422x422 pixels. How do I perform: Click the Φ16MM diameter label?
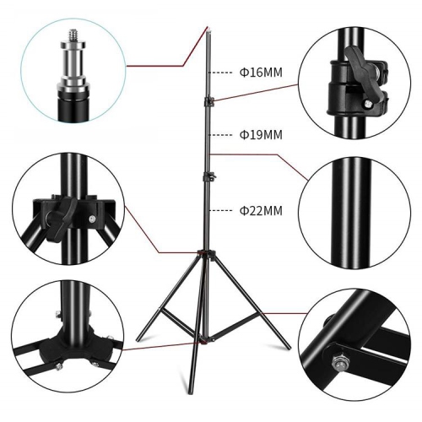(x=261, y=73)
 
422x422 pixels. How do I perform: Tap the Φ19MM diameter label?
(x=261, y=135)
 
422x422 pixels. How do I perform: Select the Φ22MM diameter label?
(x=261, y=210)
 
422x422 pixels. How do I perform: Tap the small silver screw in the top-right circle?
(x=369, y=104)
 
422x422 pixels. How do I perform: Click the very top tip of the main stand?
(x=207, y=29)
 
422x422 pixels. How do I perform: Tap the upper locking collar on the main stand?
(x=208, y=102)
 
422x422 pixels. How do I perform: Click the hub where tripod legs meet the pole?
(x=203, y=252)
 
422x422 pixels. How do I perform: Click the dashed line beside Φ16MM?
(x=221, y=73)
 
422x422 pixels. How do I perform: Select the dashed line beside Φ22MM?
(x=221, y=210)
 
